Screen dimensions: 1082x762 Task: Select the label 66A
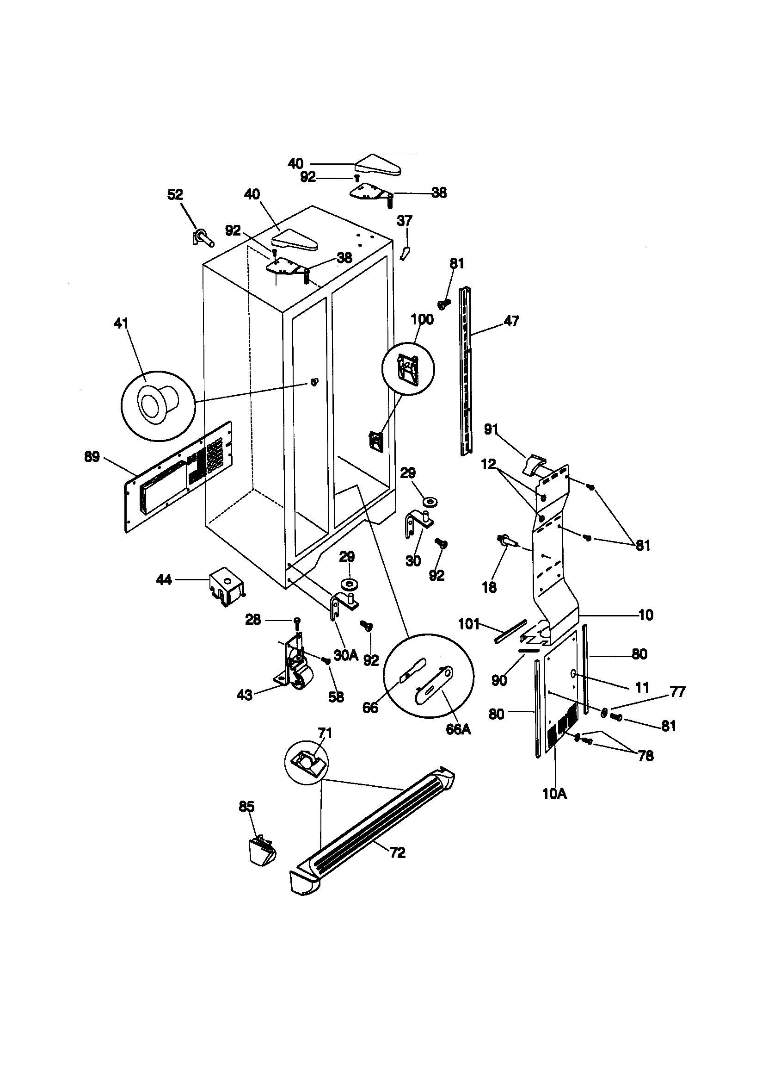pyautogui.click(x=458, y=729)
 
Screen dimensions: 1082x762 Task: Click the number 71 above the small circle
pyautogui.click(x=325, y=733)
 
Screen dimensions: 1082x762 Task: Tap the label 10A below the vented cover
pyautogui.click(x=554, y=794)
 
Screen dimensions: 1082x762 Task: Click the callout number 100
pyautogui.click(x=422, y=319)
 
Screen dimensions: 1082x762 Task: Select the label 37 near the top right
pyautogui.click(x=405, y=221)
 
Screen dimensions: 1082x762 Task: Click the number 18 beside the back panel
pyautogui.click(x=489, y=587)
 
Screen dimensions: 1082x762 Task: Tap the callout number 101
pyautogui.click(x=468, y=624)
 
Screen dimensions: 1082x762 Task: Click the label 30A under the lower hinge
pyautogui.click(x=346, y=655)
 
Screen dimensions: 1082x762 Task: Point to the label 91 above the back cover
pyautogui.click(x=491, y=429)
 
